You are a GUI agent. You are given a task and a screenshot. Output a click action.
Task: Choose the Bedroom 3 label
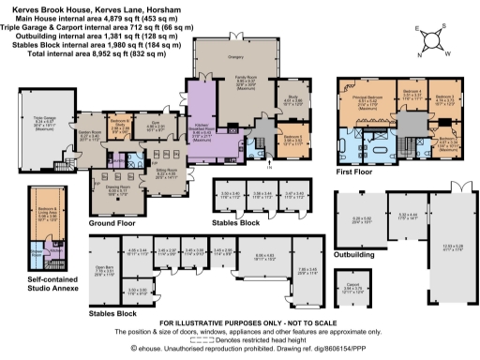coord(444,98)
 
